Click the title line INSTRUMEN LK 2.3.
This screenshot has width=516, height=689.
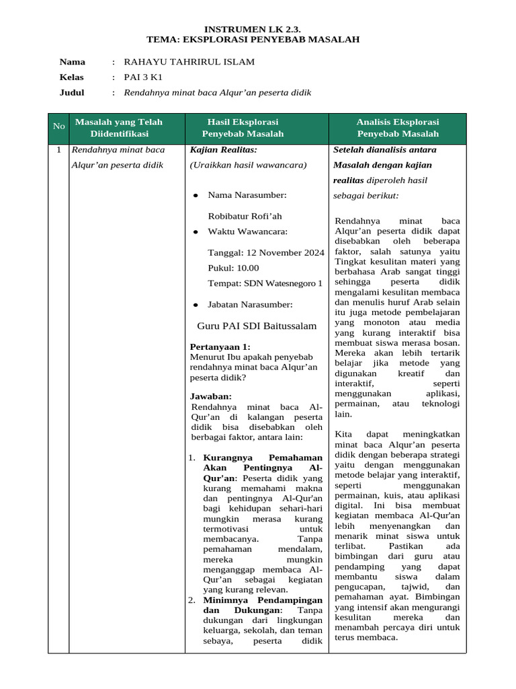tap(253, 29)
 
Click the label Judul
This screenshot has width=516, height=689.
tap(72, 93)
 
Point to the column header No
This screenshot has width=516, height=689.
tap(58, 126)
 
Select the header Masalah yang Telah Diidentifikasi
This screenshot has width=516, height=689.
tap(119, 128)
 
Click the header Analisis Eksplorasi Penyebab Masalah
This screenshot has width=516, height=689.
tap(397, 128)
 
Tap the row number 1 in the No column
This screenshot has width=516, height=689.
tap(58, 150)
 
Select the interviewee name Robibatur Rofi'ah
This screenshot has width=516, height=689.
tap(245, 216)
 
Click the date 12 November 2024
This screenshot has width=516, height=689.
tap(266, 252)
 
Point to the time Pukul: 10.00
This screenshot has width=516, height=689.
tap(233, 268)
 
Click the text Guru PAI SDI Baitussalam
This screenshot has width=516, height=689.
tap(256, 326)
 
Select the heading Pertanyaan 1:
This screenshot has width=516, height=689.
tap(220, 347)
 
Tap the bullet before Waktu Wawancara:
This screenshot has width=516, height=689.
tap(196, 232)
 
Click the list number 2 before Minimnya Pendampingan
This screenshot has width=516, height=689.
tap(191, 600)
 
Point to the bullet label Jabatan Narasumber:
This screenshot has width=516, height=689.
tap(250, 305)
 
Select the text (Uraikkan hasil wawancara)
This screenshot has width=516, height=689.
tap(248, 165)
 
